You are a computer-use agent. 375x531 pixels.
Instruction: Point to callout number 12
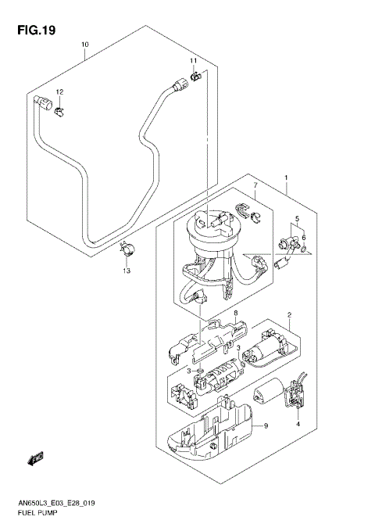[59, 92]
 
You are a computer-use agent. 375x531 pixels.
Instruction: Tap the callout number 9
[265, 425]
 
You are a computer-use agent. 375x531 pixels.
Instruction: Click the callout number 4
[298, 425]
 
